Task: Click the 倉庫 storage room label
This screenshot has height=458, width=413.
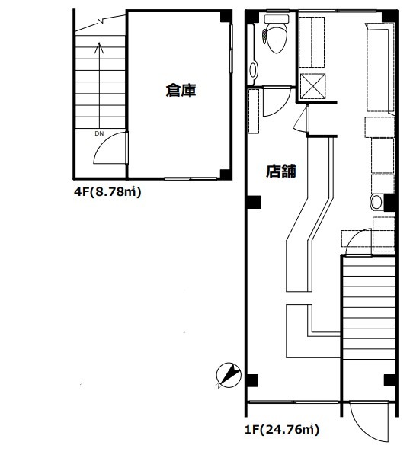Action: click(181, 90)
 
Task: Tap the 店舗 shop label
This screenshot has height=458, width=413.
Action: click(281, 171)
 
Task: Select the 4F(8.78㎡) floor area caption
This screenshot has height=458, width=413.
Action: click(107, 192)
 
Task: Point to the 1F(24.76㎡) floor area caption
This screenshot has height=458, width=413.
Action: click(282, 430)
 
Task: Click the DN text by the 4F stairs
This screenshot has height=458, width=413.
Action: click(99, 134)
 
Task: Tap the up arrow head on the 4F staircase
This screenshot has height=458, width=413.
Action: click(99, 48)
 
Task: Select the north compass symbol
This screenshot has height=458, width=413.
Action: click(229, 376)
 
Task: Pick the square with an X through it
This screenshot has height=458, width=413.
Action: click(313, 86)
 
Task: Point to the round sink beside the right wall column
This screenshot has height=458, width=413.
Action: click(376, 202)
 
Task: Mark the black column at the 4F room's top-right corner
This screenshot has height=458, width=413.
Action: click(226, 17)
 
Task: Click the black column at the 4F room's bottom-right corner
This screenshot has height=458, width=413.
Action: click(226, 174)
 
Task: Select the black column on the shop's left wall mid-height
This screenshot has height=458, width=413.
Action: click(254, 202)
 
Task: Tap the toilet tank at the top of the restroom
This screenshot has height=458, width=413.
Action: click(277, 19)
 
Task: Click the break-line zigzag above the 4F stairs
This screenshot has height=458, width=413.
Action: click(101, 21)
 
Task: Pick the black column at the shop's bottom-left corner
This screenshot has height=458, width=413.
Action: click(252, 380)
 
